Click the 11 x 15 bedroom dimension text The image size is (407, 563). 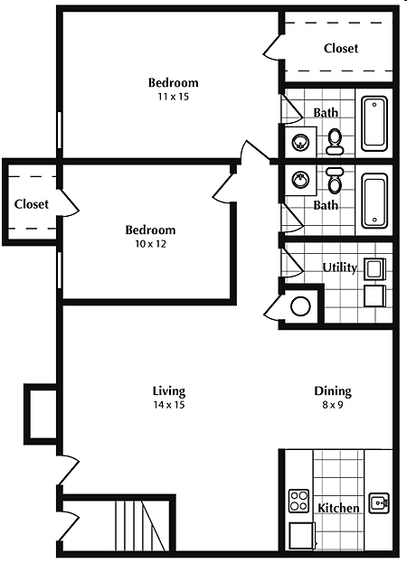[x=174, y=96]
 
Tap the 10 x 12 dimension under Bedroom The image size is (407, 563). [x=149, y=243]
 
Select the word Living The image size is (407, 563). [x=169, y=391]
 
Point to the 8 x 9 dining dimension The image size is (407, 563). [x=332, y=405]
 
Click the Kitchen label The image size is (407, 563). [x=338, y=508]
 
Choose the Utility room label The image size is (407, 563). [x=340, y=267]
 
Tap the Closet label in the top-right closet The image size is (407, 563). [x=341, y=48]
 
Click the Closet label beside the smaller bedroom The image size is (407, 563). [x=31, y=204]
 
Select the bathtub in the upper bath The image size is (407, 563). [x=374, y=124]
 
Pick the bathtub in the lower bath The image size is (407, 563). [x=374, y=201]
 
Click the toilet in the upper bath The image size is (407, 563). [x=335, y=139]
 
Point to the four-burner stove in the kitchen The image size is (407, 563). [x=298, y=501]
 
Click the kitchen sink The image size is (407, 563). [x=379, y=502]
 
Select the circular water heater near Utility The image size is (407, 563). [x=299, y=305]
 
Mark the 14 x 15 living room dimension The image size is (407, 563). [x=169, y=405]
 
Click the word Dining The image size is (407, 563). [x=332, y=391]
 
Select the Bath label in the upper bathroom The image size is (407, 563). [x=326, y=113]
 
